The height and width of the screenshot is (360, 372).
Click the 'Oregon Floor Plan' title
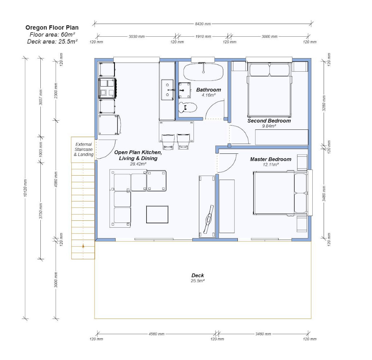click(x=52, y=28)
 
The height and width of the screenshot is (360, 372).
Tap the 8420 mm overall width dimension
click(x=203, y=24)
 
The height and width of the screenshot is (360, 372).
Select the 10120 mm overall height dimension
click(x=25, y=188)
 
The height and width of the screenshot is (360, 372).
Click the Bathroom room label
click(x=208, y=90)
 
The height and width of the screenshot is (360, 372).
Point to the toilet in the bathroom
click(x=187, y=108)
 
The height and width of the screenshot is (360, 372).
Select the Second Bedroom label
click(x=269, y=121)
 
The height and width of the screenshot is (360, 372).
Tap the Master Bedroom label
click(x=271, y=159)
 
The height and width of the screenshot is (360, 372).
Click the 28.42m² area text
click(x=138, y=164)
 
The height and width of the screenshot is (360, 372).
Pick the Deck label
click(x=197, y=276)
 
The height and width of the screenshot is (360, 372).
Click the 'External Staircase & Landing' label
click(x=84, y=149)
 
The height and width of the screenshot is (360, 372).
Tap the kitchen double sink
click(x=168, y=90)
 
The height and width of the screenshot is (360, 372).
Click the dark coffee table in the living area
click(x=157, y=214)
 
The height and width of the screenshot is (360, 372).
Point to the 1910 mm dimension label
click(x=203, y=37)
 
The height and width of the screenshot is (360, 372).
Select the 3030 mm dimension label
click(x=136, y=37)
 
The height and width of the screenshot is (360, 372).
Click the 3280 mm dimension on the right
click(x=324, y=103)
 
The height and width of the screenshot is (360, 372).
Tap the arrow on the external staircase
click(x=83, y=246)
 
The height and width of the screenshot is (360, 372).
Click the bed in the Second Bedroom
click(x=269, y=90)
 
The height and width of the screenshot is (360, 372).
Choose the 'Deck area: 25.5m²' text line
click(x=52, y=41)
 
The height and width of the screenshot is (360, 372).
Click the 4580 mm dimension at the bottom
click(x=157, y=334)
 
